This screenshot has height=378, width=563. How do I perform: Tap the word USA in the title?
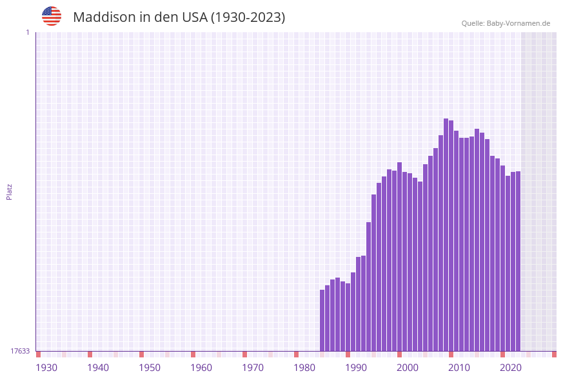tap(195, 17)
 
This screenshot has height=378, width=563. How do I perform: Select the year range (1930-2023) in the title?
tap(248, 17)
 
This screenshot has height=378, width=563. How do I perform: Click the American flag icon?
tap(52, 16)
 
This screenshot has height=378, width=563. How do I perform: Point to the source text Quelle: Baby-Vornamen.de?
tap(506, 23)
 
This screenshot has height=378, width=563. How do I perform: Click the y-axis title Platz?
tap(10, 191)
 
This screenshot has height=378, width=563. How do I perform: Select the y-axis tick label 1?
tap(27, 32)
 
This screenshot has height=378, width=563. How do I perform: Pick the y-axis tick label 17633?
tap(20, 351)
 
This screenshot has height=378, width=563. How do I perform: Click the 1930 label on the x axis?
tap(46, 368)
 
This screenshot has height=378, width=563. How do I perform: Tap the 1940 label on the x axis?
tap(98, 368)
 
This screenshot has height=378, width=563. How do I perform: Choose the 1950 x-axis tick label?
tap(150, 368)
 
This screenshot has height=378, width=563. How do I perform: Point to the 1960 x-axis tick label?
tap(201, 368)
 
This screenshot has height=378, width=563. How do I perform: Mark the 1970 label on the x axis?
tap(253, 368)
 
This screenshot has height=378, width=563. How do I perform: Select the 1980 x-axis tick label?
tap(304, 368)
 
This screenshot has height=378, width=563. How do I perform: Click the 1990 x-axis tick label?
tap(356, 368)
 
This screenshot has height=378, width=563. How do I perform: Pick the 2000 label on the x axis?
tap(408, 368)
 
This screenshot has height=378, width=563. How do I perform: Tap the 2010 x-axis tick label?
tap(459, 368)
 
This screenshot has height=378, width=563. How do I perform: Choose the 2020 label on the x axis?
tap(511, 368)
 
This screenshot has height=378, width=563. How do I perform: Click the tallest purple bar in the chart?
tap(446, 235)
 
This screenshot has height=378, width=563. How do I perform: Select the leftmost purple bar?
tap(322, 320)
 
